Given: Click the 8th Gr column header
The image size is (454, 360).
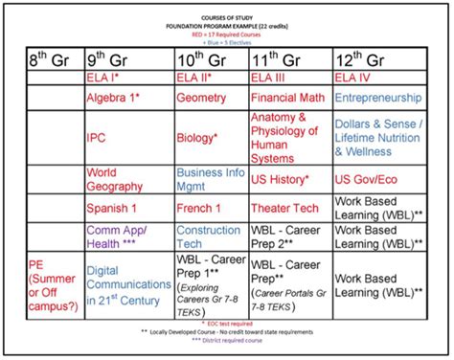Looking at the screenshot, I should tap(45, 57).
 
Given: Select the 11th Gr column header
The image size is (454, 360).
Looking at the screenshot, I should tap(279, 57).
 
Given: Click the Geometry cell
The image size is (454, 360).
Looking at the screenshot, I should tap(201, 98).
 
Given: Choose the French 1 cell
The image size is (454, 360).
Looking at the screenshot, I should tap(199, 208).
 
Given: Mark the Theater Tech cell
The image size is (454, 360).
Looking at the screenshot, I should tap(284, 208).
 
